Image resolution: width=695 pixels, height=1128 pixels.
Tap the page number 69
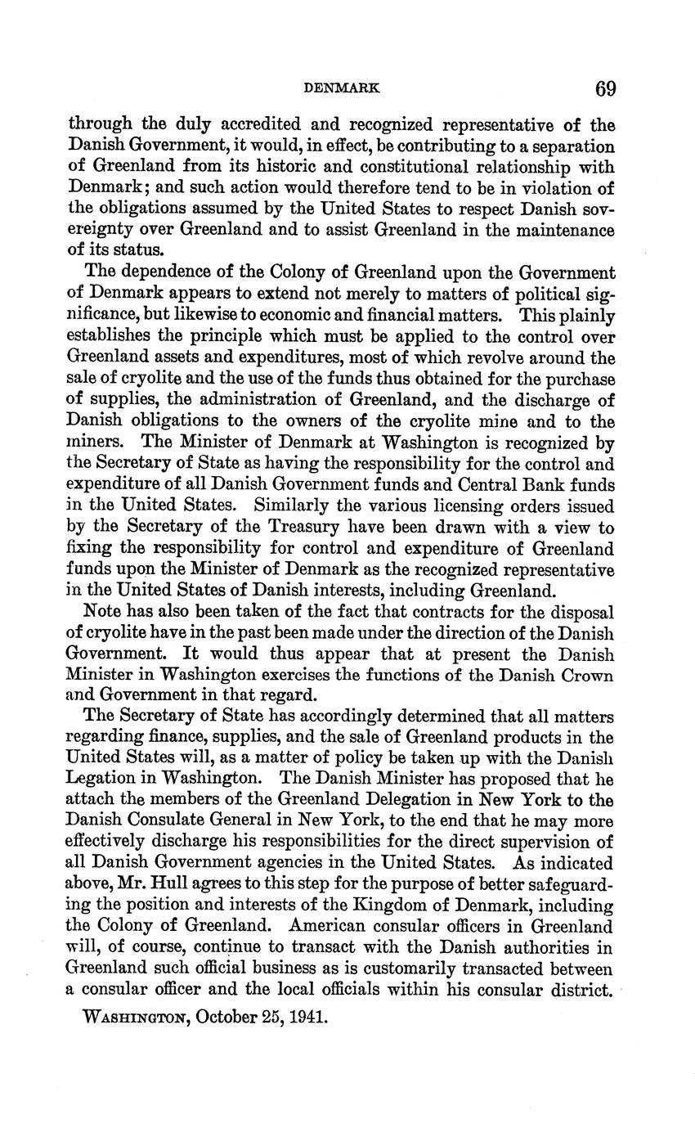(x=605, y=88)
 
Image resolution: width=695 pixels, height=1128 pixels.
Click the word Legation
(x=101, y=779)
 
